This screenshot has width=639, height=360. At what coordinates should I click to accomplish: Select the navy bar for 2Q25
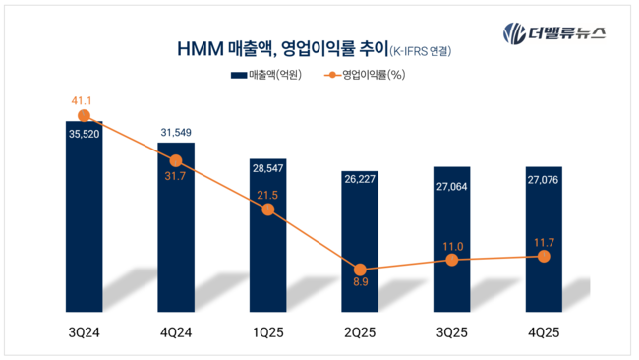click(x=359, y=236)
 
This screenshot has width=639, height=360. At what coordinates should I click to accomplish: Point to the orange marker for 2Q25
click(x=360, y=270)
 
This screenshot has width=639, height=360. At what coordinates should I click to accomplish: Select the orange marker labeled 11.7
click(x=543, y=256)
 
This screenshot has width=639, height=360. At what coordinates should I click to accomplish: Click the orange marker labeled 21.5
click(x=267, y=210)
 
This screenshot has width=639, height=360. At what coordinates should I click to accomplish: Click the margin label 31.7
click(x=176, y=176)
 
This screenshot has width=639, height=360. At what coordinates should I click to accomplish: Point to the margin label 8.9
click(x=360, y=286)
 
